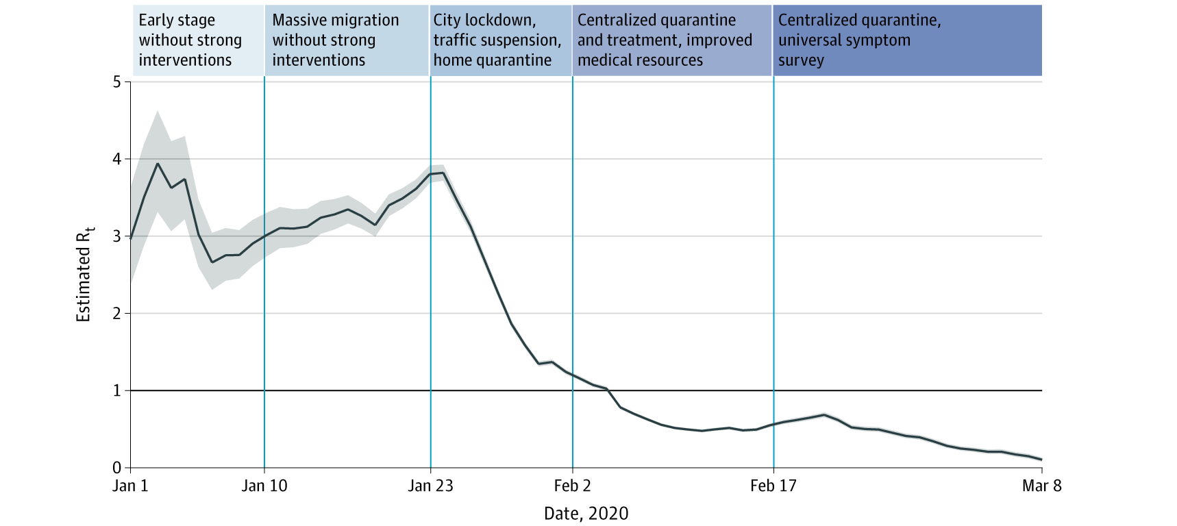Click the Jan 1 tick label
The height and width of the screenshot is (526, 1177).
[130, 486]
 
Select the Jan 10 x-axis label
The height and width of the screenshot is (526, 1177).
[264, 486]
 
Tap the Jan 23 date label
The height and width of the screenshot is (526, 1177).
[430, 486]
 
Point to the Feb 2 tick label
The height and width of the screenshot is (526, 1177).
[572, 486]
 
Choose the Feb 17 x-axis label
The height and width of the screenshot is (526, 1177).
[773, 486]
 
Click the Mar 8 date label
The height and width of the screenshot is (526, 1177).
[1041, 486]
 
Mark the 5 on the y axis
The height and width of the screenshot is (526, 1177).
[116, 82]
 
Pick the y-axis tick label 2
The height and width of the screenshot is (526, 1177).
[116, 314]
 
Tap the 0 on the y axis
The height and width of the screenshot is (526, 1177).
[116, 468]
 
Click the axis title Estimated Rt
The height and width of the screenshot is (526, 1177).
[84, 275]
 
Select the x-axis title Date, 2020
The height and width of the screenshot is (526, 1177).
[586, 514]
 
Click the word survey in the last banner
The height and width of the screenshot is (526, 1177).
[801, 60]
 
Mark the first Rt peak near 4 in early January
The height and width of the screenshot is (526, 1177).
[158, 164]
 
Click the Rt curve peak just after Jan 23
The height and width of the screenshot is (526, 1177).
[444, 173]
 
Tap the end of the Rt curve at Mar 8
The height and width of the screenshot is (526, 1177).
[1041, 460]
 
